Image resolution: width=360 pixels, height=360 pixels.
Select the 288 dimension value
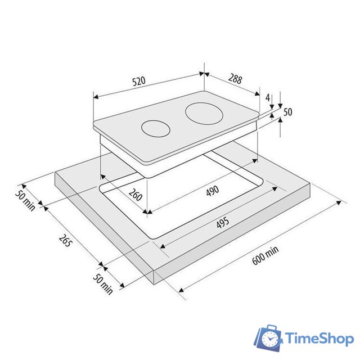tap(235, 79)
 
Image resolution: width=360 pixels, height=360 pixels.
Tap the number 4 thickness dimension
tap(268, 97)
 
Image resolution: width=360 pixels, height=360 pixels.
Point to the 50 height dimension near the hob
tap(287, 112)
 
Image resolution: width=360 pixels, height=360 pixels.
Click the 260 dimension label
tap(136, 197)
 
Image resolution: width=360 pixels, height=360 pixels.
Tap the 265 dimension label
tap(65, 243)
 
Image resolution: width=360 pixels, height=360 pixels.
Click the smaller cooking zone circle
tap(156, 128)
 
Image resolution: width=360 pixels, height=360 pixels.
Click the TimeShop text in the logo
tap(319, 339)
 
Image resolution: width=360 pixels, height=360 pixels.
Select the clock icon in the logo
tap(271, 339)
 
